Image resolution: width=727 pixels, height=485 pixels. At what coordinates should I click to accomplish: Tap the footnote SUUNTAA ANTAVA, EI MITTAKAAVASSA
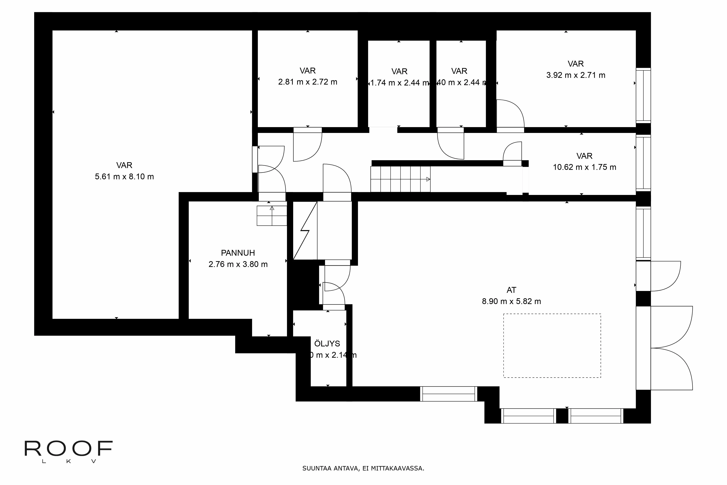pos(363,468)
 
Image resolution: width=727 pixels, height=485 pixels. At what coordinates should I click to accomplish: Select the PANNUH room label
pos(238,253)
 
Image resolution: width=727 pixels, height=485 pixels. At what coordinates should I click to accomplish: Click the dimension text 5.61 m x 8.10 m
pos(124,177)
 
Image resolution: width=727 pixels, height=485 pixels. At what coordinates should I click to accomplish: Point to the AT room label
pos(511,290)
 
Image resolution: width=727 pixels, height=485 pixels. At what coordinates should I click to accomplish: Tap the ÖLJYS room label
pos(327,344)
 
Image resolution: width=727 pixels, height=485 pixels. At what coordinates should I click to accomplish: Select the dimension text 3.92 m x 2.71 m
pos(576,75)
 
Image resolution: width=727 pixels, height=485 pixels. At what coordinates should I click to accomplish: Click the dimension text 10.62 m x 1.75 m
pos(584,167)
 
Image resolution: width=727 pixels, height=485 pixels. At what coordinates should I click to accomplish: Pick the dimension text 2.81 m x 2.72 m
pos(308,82)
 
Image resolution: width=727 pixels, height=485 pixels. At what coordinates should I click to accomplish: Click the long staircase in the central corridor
pos(400,179)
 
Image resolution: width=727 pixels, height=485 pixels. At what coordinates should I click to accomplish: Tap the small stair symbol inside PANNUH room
pos(272,216)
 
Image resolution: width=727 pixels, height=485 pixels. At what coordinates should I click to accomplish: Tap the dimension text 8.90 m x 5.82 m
pos(511,301)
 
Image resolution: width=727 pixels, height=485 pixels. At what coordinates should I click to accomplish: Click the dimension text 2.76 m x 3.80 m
pos(238,264)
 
